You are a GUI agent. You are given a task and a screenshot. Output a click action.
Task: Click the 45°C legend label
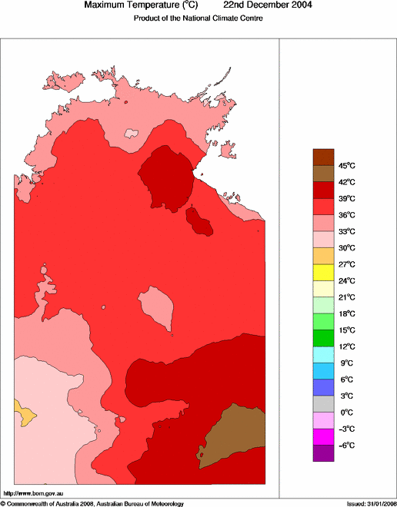pyautogui.click(x=347, y=166)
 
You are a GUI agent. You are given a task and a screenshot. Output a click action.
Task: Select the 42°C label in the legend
pyautogui.click(x=347, y=182)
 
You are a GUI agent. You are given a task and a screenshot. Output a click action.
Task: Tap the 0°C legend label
pyautogui.click(x=346, y=413)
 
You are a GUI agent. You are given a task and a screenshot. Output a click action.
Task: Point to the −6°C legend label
pyautogui.click(x=347, y=446)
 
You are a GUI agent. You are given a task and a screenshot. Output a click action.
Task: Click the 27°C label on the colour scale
pyautogui.click(x=347, y=264)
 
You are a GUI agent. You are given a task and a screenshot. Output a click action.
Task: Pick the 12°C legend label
pyautogui.click(x=347, y=346)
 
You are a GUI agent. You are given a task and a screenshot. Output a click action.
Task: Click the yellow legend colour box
pyautogui.click(x=323, y=272)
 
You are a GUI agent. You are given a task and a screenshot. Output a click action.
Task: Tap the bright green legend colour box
pyautogui.click(x=323, y=321)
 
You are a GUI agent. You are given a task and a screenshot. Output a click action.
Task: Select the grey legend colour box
pyautogui.click(x=323, y=404)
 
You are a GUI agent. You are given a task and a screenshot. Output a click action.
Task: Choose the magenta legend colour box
pyautogui.click(x=323, y=437)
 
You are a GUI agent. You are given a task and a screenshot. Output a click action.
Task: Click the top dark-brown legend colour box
pyautogui.click(x=323, y=157)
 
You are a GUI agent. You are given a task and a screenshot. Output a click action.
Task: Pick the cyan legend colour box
pyautogui.click(x=323, y=354)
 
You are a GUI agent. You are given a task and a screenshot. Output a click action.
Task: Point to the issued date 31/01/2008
pyautogui.click(x=378, y=503)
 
